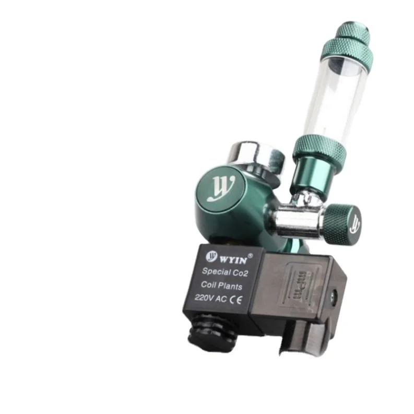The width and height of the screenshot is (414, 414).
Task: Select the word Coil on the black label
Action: (x=208, y=286)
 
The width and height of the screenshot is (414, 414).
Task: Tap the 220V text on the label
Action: (x=204, y=299)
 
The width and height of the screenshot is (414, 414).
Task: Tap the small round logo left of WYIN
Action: (x=212, y=256)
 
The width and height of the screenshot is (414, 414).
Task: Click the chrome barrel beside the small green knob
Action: (x=299, y=221)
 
